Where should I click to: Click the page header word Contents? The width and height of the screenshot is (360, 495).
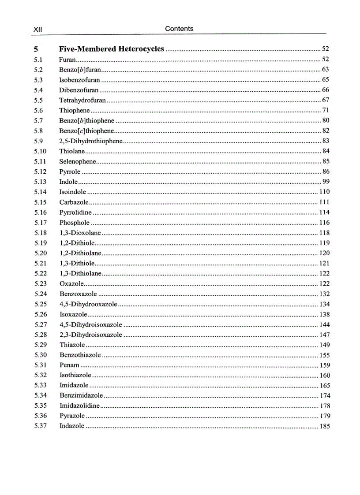click(179, 29)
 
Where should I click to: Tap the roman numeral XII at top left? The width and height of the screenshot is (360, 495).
click(37, 29)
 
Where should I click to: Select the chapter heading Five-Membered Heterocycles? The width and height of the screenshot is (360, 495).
click(112, 49)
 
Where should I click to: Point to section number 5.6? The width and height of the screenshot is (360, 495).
click(38, 111)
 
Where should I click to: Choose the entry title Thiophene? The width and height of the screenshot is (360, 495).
click(75, 111)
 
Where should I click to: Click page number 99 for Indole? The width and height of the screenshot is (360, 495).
click(326, 182)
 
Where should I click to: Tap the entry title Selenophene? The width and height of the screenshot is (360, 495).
click(78, 161)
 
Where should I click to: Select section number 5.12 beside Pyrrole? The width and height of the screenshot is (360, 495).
click(40, 172)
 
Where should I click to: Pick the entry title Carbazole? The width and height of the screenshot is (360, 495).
click(74, 202)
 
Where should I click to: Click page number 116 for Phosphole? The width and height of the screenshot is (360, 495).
click(324, 223)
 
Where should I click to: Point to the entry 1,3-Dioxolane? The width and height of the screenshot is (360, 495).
click(80, 233)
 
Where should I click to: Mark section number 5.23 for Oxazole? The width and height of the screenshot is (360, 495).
click(40, 284)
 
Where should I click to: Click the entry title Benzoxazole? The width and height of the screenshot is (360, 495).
click(78, 294)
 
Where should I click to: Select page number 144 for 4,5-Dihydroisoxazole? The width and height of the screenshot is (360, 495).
click(324, 325)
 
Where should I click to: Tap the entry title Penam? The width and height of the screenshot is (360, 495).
click(69, 365)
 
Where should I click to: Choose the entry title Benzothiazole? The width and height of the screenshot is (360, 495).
click(80, 355)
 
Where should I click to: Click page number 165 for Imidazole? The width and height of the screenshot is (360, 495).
click(324, 386)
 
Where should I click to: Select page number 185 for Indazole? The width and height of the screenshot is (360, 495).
click(324, 426)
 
